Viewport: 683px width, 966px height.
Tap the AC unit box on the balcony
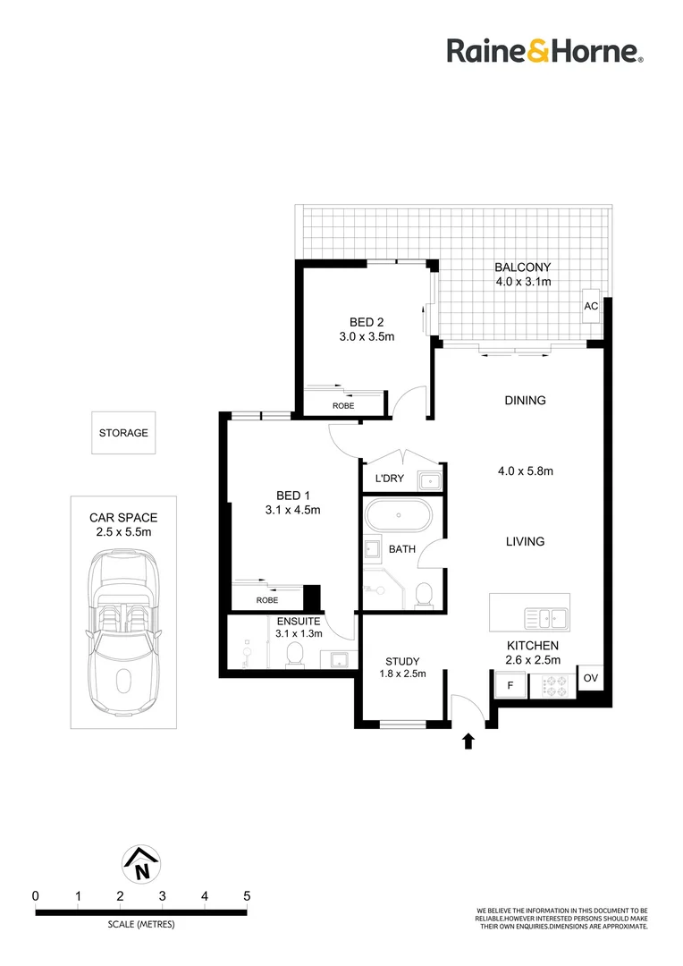point(591,305)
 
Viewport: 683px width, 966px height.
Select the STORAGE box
point(123,433)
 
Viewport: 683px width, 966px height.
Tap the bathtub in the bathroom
point(399,517)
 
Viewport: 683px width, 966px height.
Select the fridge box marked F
point(510,686)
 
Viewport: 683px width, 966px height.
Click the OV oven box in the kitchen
point(590,679)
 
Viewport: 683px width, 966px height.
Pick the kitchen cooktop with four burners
point(553,687)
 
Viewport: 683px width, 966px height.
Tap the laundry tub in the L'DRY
point(430,481)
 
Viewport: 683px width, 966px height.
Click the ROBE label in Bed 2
point(342,405)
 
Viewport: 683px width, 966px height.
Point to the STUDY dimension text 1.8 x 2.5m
point(402,674)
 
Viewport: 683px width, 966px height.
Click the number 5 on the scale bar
point(246,895)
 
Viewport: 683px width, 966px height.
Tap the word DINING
point(525,401)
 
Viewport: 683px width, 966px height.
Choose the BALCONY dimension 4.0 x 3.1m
point(523,282)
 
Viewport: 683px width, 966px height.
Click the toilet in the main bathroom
point(426,594)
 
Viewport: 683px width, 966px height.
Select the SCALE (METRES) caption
point(140,924)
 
